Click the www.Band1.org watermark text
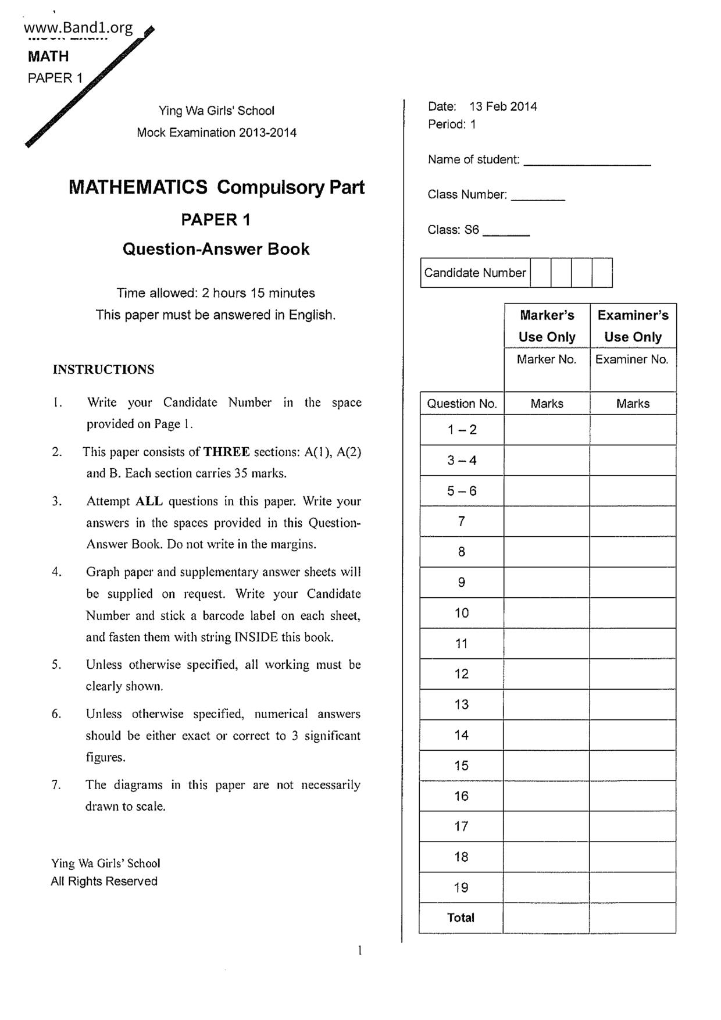[78, 27]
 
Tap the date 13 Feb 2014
[503, 106]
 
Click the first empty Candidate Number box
[540, 273]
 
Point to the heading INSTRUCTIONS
[103, 370]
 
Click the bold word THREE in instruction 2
[227, 452]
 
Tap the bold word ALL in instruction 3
[149, 501]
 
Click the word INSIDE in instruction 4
[256, 637]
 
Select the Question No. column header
[462, 404]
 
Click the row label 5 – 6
[462, 491]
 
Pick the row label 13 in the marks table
[462, 705]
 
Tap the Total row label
[461, 918]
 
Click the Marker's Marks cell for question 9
[547, 583]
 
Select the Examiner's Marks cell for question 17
[633, 826]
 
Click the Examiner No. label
[632, 359]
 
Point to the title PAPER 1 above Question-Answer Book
[216, 220]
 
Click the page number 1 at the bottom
[360, 951]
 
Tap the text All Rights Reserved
[104, 882]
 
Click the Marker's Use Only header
[547, 326]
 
